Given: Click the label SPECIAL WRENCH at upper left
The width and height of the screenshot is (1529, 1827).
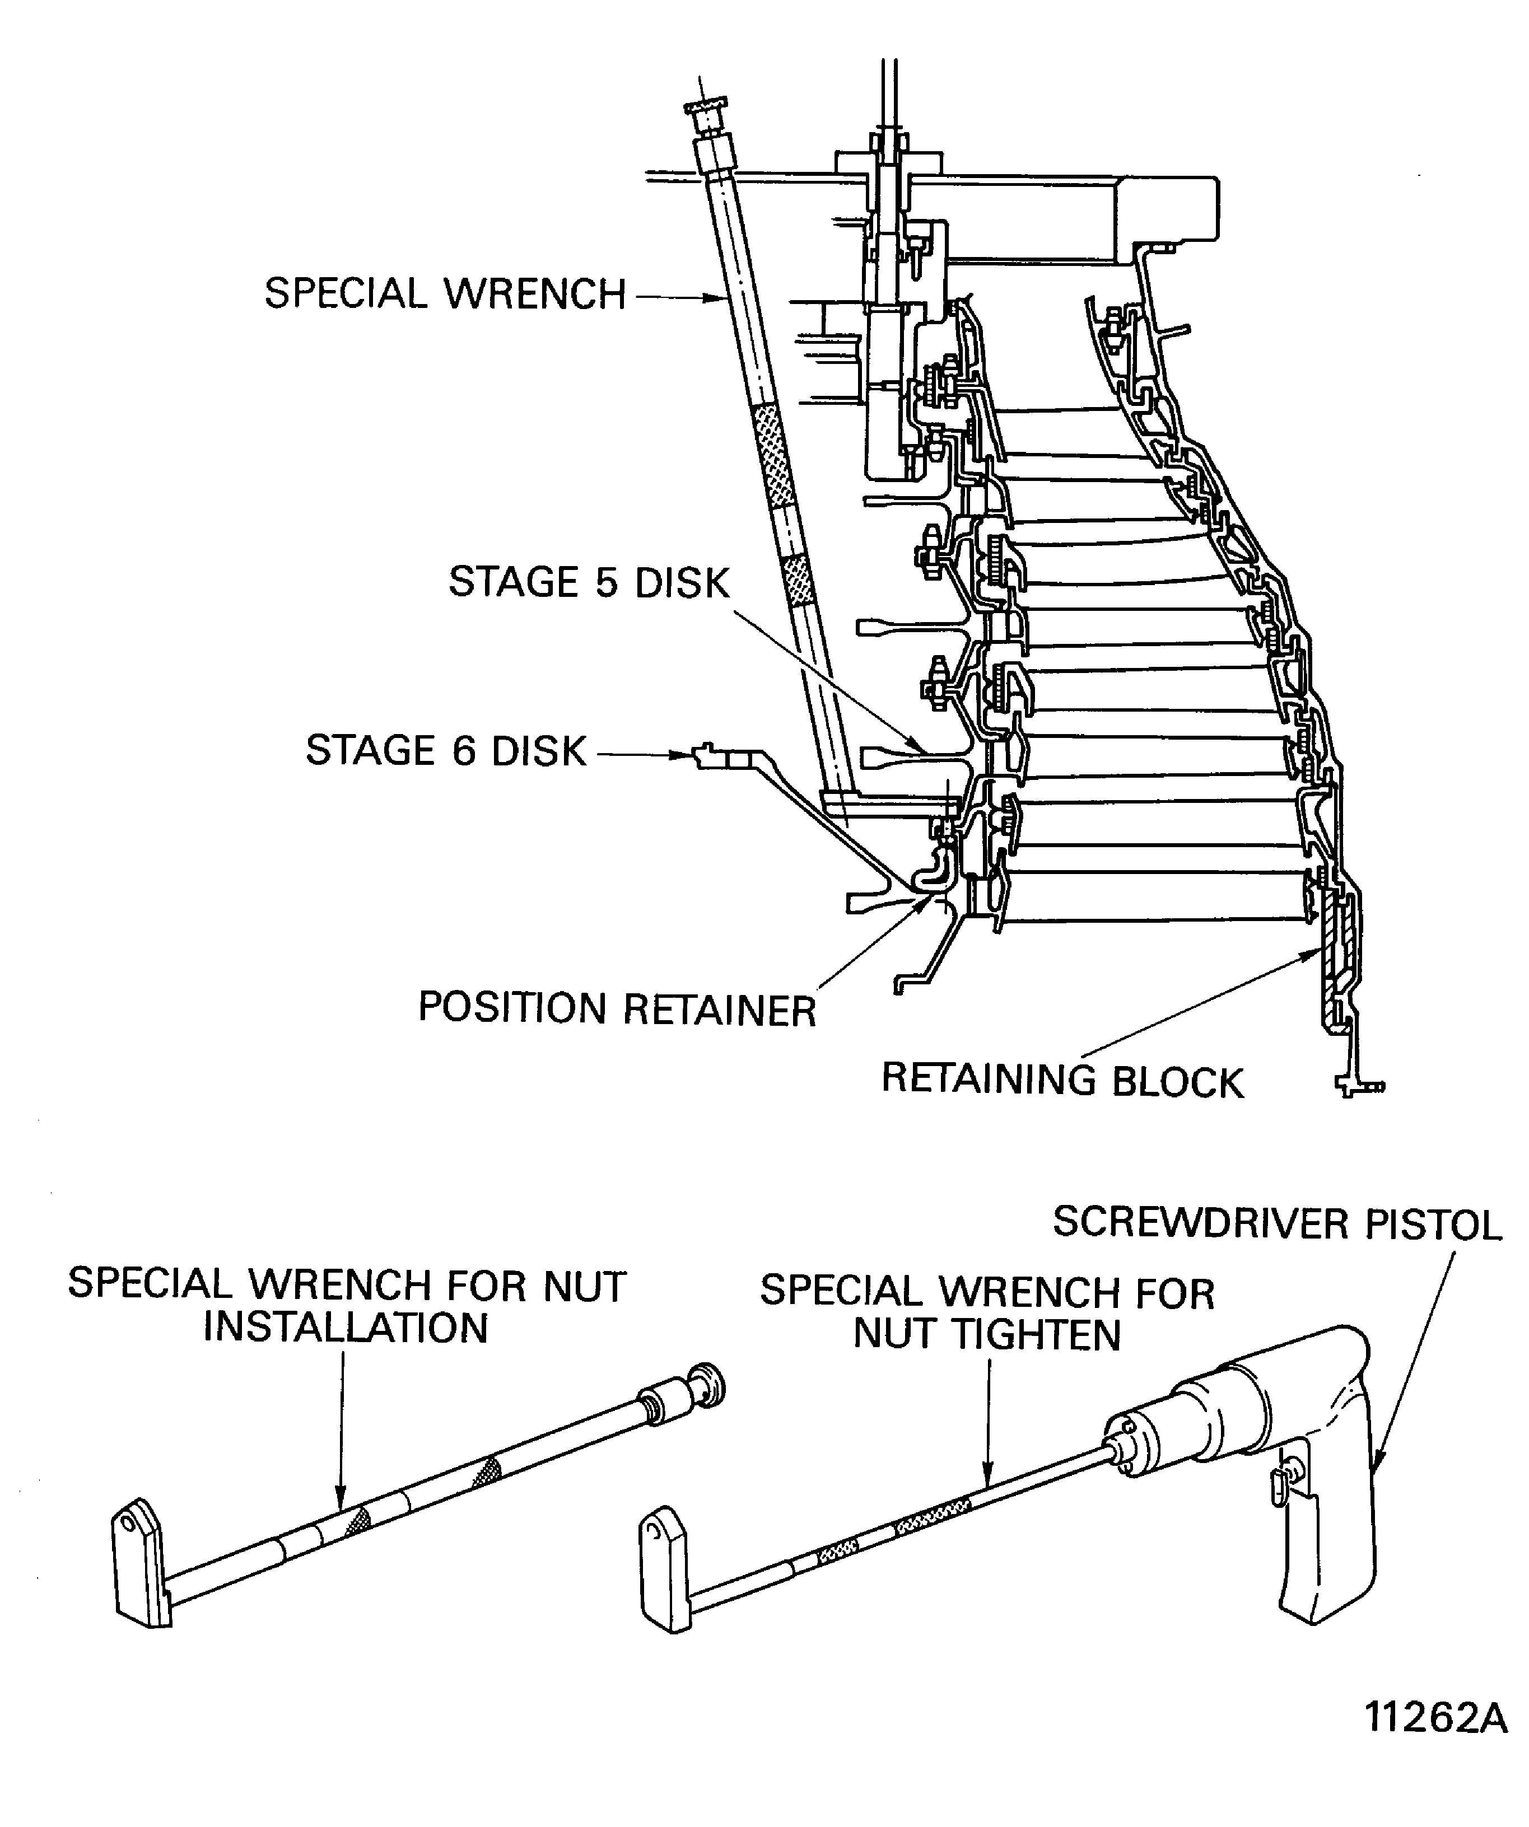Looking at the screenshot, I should [x=445, y=294].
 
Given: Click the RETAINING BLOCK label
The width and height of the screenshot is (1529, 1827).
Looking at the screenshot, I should [x=1062, y=1081].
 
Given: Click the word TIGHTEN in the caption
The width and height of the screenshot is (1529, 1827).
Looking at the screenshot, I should [x=1038, y=1335].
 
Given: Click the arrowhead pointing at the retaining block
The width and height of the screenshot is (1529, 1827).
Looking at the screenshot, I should [x=1309, y=955].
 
